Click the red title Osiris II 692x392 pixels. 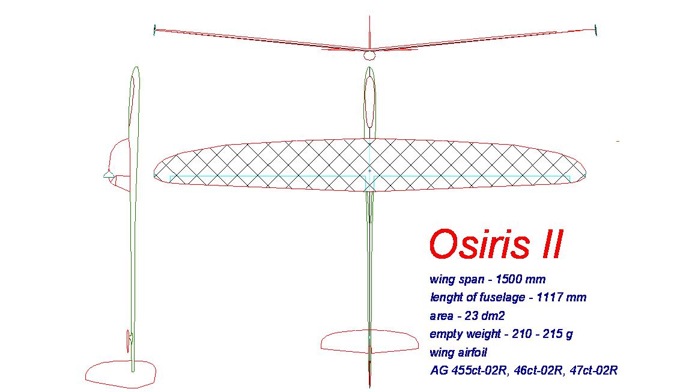click(496, 244)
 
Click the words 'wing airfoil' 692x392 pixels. click(458, 353)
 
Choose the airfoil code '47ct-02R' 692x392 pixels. click(593, 370)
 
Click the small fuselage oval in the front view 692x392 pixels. click(369, 55)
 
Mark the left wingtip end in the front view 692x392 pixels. click(154, 30)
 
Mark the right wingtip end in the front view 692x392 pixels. click(596, 30)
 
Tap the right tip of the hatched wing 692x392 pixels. click(586, 172)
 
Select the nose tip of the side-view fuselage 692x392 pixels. click(136, 67)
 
